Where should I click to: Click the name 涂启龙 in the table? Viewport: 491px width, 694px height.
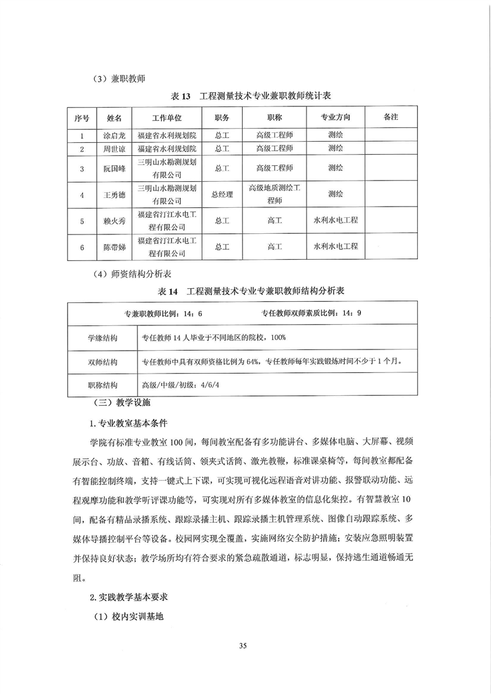pos(114,135)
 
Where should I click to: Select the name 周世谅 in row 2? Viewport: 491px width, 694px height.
pos(114,148)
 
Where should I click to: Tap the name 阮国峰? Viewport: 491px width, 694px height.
pos(114,168)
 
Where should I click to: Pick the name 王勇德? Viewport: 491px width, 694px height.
pos(114,194)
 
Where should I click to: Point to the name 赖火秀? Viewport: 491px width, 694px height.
pos(114,220)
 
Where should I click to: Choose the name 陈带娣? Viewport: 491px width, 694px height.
pos(114,247)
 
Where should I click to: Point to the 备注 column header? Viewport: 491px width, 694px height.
pos(391,116)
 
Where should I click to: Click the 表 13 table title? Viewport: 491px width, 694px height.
pos(251,96)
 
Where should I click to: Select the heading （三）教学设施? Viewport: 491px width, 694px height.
pos(118,403)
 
